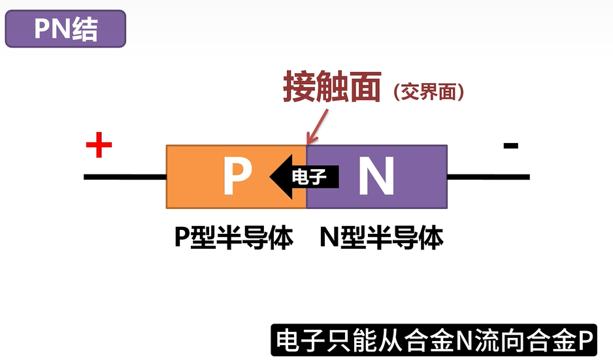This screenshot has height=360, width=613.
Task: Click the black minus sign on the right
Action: (x=511, y=146)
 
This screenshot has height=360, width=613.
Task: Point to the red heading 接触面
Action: (x=332, y=87)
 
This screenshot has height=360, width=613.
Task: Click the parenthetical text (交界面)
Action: (x=429, y=92)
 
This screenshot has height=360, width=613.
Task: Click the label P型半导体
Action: (x=233, y=238)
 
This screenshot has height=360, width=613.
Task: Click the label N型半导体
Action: (x=382, y=238)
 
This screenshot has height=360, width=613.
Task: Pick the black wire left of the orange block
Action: (x=125, y=177)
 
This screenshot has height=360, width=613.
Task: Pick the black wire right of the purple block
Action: (x=488, y=176)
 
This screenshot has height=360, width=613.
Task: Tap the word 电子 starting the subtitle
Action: (x=299, y=340)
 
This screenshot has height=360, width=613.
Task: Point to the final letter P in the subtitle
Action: (x=585, y=340)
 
